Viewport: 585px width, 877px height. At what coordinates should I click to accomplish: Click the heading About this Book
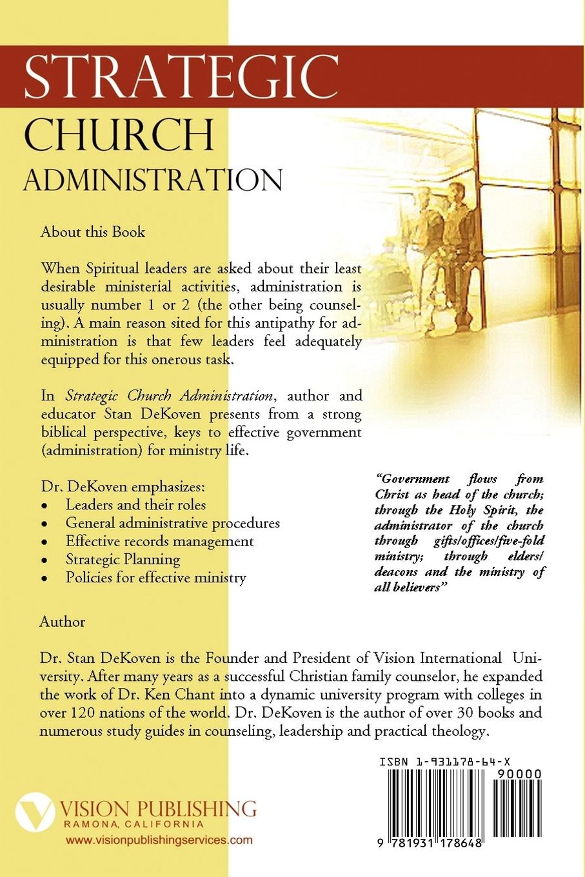[93, 232]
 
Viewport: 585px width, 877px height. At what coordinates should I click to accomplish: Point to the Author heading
[62, 622]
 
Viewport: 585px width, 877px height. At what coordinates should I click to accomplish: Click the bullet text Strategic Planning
[123, 559]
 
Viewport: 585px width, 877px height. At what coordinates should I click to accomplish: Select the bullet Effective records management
[159, 541]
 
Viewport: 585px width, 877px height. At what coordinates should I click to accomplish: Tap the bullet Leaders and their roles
[135, 505]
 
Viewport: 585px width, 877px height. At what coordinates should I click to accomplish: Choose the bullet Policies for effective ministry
[155, 577]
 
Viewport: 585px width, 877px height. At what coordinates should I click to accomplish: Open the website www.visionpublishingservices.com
[159, 840]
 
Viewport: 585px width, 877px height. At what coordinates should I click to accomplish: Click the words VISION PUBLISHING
[157, 809]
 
